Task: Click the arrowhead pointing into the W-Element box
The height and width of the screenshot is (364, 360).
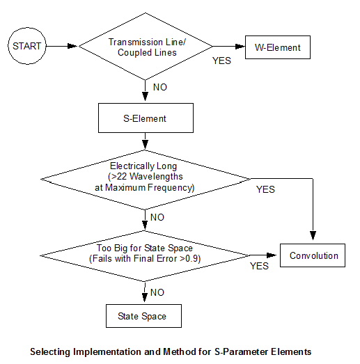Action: (x=240, y=47)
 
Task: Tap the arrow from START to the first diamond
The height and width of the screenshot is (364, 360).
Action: (x=61, y=46)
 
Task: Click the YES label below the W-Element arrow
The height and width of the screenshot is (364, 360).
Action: (x=221, y=61)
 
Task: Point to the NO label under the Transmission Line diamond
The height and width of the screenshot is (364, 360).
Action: (x=160, y=87)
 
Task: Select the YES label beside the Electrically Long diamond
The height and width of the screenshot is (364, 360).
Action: (x=265, y=189)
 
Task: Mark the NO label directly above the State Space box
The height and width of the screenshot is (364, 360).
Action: (x=157, y=292)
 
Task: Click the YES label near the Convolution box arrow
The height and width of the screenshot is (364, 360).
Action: (x=259, y=266)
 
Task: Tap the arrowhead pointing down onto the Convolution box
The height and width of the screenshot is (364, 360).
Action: (x=313, y=235)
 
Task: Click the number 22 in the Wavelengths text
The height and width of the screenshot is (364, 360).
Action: (x=122, y=176)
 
